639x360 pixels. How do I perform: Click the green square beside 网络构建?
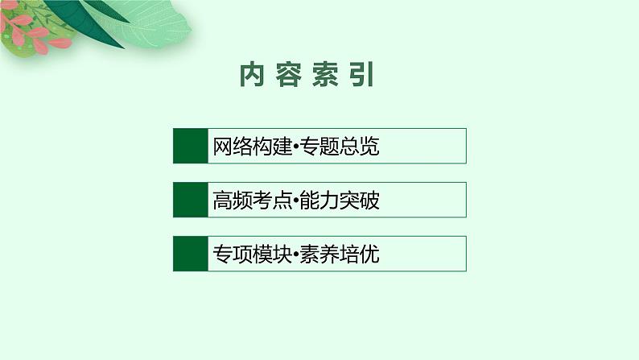[190, 146]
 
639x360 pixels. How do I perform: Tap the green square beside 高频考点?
[190, 200]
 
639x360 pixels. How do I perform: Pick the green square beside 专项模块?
[190, 254]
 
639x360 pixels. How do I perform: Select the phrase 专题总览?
[340, 147]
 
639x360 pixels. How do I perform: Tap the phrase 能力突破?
[340, 201]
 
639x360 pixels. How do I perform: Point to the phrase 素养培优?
[340, 254]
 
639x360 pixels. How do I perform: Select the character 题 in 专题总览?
[329, 147]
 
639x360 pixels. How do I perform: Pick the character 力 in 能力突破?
[329, 201]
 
